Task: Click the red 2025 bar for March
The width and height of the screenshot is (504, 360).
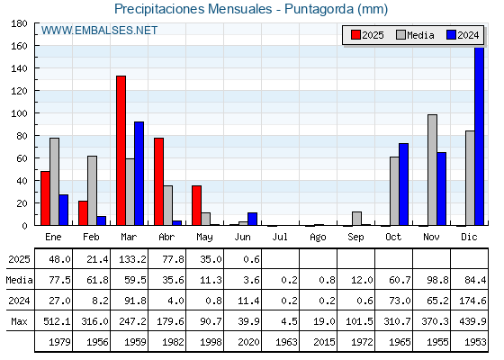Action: (121, 150)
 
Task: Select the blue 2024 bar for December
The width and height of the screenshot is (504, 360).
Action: (479, 136)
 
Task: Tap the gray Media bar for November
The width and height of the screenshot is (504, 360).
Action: (432, 170)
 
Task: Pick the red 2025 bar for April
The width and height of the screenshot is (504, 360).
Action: (158, 182)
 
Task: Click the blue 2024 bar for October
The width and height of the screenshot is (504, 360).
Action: (404, 184)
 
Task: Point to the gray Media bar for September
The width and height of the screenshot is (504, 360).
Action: (356, 218)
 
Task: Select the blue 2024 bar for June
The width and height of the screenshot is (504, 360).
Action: (252, 219)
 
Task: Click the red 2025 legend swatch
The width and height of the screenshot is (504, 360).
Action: (355, 35)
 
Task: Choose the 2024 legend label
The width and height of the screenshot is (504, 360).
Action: (468, 35)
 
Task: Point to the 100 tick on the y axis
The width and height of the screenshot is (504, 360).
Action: (19, 113)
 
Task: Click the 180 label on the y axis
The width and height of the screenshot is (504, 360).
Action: (19, 23)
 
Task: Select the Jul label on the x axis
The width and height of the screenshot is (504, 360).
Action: (280, 237)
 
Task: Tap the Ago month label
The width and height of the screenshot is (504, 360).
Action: (318, 238)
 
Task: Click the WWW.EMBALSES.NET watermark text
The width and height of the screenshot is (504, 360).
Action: (99, 31)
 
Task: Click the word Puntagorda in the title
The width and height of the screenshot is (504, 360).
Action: (319, 9)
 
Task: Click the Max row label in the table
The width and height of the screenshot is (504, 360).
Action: (19, 321)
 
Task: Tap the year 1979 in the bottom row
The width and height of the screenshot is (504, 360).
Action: (59, 342)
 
